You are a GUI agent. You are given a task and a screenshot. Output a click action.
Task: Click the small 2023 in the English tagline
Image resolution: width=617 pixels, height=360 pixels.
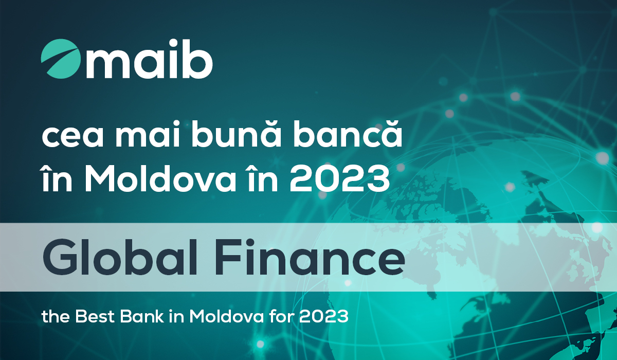(324, 316)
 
